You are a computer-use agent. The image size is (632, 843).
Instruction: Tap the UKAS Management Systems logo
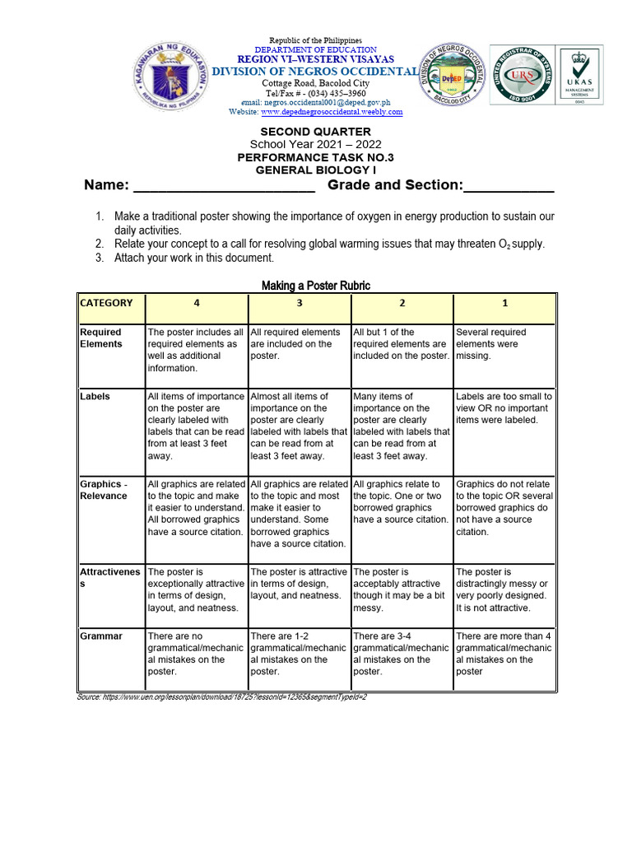coord(586,75)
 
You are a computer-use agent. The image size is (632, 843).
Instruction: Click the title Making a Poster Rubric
coord(316,286)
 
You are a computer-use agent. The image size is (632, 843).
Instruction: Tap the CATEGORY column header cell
coord(109,303)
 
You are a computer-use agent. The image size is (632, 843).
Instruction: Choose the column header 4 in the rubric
coord(196,303)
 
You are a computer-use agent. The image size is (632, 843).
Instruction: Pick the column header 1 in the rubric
coord(504,303)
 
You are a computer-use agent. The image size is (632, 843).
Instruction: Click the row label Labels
coord(95,397)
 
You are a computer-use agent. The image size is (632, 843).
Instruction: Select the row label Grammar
coord(101,636)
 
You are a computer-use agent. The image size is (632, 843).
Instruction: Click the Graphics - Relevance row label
coord(104,490)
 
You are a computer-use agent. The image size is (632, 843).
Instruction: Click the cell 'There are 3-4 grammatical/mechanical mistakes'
coord(402,654)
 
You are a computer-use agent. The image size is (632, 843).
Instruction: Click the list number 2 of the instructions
coord(99,245)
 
